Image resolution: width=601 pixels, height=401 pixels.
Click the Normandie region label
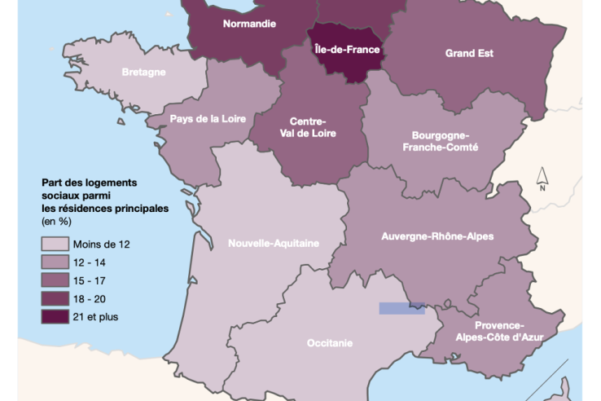[x=249, y=24]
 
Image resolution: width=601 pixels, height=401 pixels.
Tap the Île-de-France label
[x=347, y=49]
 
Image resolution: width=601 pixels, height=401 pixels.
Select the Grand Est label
[x=469, y=54]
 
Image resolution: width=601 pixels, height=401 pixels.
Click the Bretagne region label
[x=143, y=72]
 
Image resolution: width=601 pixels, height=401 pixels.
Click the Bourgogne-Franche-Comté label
[x=441, y=141]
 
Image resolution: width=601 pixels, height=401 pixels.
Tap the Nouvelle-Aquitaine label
[x=273, y=243]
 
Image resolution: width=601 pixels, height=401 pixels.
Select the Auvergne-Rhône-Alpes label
[x=437, y=236]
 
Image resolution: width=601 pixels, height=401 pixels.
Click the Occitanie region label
[x=330, y=343]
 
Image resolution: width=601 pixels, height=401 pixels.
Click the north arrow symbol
[x=542, y=177]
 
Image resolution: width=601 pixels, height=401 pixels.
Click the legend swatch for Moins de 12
[x=55, y=244]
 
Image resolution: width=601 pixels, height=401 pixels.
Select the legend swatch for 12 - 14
[x=55, y=262]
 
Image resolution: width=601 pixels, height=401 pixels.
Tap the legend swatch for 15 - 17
[x=55, y=280]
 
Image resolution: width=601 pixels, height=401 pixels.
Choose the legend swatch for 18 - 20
[x=55, y=299]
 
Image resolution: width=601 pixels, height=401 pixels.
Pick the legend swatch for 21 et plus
[x=55, y=317]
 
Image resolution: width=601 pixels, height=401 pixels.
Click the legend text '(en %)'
[x=56, y=221]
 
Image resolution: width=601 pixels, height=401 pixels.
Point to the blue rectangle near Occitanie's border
[x=401, y=308]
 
